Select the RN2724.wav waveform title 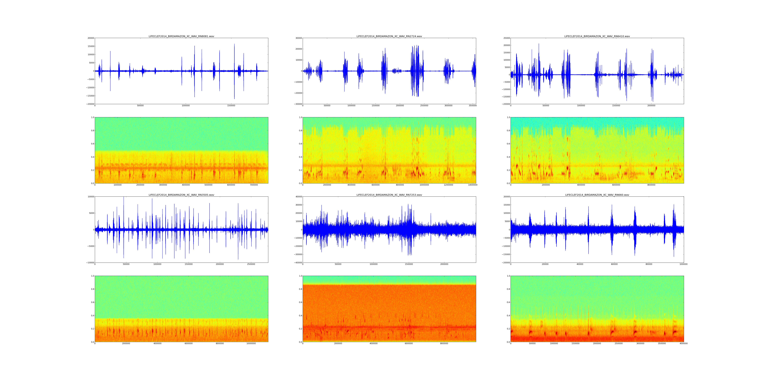coord(389,36)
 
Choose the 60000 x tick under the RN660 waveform coord(614,264)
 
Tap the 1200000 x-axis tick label coord(448,185)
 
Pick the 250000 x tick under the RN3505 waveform coord(251,264)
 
